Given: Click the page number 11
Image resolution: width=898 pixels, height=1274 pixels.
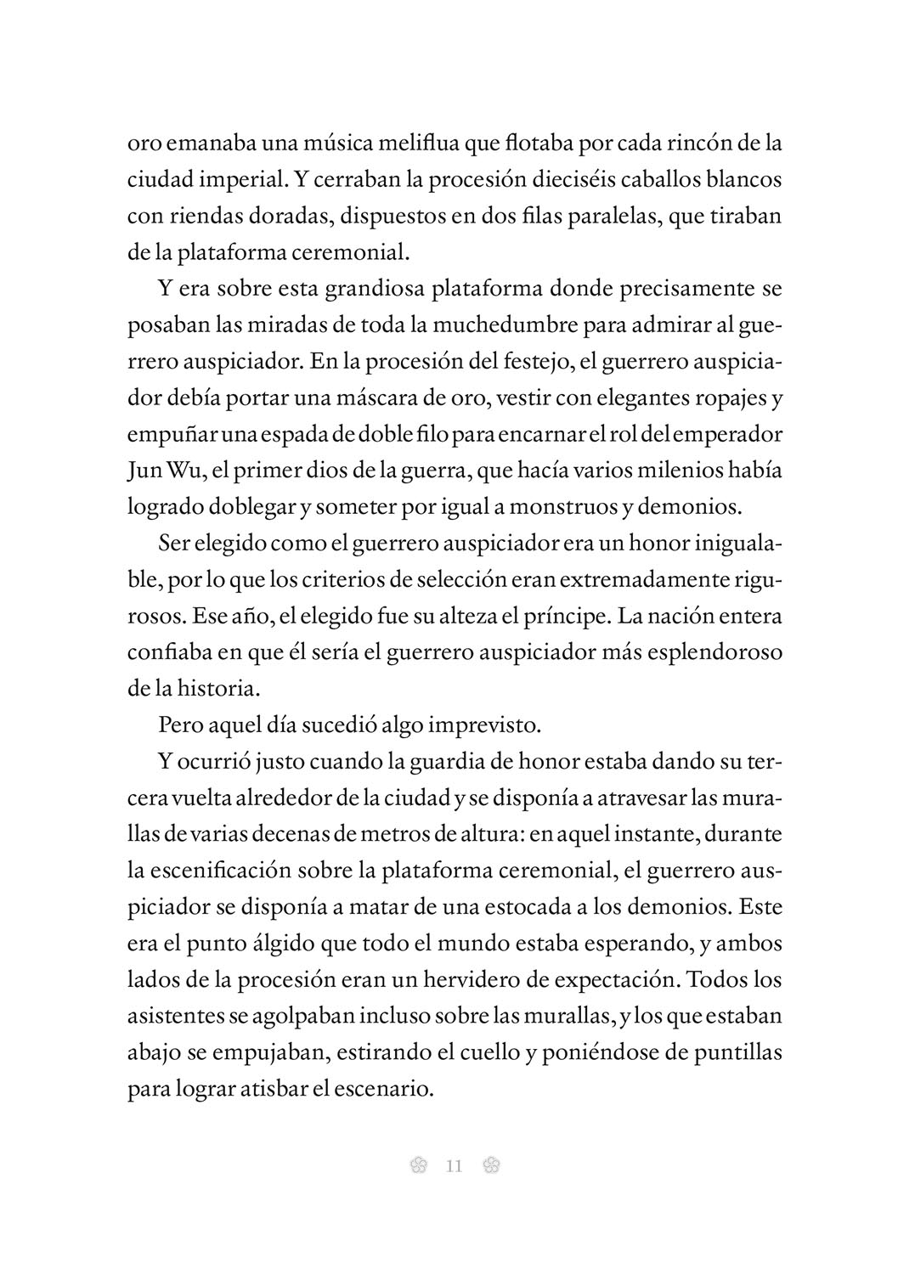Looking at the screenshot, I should (x=453, y=1166).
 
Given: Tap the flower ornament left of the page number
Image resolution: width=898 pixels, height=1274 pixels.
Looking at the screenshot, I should (x=417, y=1166).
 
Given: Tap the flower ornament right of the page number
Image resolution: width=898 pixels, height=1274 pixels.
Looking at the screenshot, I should (x=490, y=1166).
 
